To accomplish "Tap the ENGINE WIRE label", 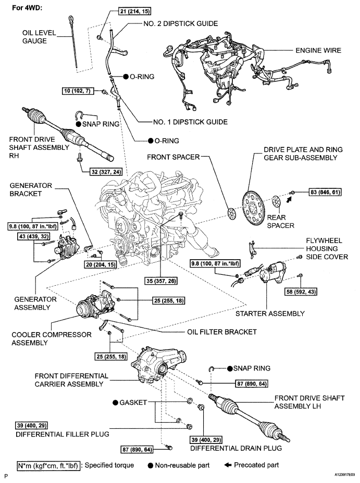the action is coord(318,50).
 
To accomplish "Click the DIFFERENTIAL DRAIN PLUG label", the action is coord(236,448).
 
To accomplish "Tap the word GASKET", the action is coord(133,403).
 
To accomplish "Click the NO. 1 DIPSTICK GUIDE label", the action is coord(190,122).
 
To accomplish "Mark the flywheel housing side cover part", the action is coord(253,249).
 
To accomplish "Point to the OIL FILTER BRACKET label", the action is coord(222,332).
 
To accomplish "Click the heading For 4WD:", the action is coord(27,7).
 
